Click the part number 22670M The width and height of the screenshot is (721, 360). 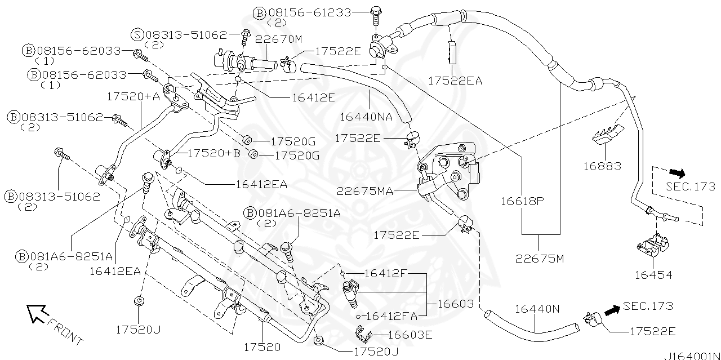coord(279,39)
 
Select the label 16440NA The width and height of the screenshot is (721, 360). coord(366,117)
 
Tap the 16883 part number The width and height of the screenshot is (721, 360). coord(602,166)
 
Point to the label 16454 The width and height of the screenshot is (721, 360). coord(653,275)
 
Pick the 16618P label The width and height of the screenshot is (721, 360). coord(522,200)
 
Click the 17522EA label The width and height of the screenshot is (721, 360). coord(455,81)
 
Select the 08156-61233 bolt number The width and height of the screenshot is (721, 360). coord(309,12)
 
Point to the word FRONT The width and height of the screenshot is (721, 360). coord(65,332)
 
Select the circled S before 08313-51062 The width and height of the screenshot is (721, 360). coord(137,34)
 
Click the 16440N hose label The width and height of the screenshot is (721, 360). coord(537,309)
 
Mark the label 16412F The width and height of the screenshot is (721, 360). coord(386,273)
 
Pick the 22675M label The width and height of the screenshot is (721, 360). coord(540,259)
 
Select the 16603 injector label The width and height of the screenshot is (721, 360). coord(456,304)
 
